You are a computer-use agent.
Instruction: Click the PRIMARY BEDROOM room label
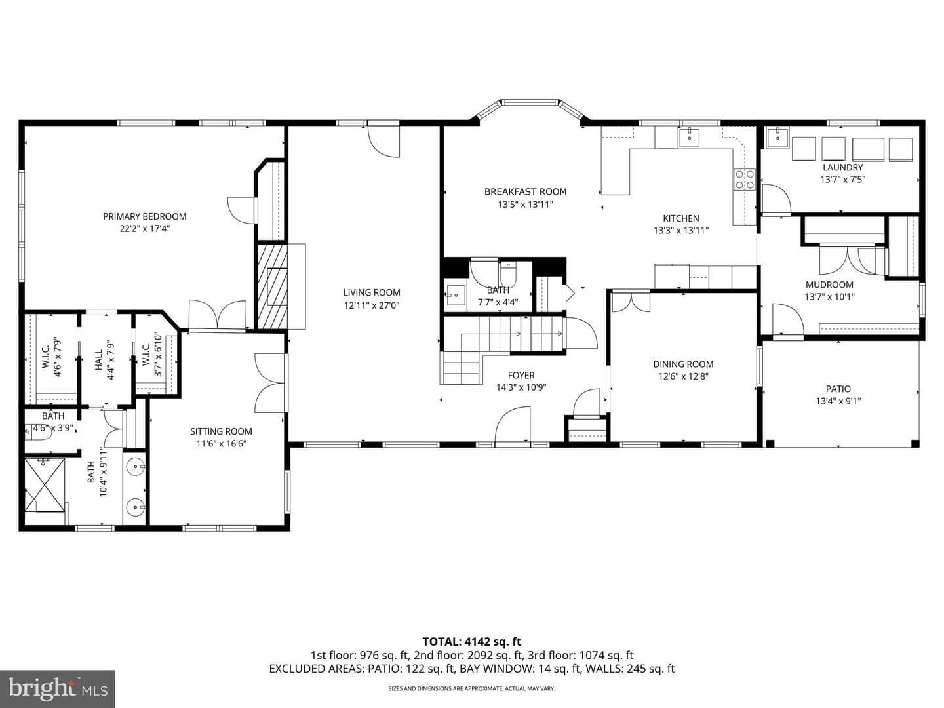pyautogui.click(x=144, y=216)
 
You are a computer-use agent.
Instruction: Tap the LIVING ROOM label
pyautogui.click(x=372, y=293)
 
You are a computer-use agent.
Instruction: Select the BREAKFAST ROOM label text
pyautogui.click(x=525, y=191)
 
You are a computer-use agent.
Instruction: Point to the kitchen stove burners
pyautogui.click(x=744, y=179)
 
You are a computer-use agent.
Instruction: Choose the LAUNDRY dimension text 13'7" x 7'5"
pyautogui.click(x=842, y=179)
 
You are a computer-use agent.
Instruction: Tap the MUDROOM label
pyautogui.click(x=829, y=285)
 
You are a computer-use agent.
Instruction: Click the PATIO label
pyautogui.click(x=838, y=389)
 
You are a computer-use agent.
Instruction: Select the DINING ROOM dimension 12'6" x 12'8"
pyautogui.click(x=683, y=376)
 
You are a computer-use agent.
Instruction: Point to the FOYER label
pyautogui.click(x=521, y=375)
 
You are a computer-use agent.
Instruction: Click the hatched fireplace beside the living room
pyautogui.click(x=272, y=286)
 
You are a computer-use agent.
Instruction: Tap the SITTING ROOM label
pyautogui.click(x=221, y=431)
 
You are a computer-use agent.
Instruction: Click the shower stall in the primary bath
pyautogui.click(x=45, y=485)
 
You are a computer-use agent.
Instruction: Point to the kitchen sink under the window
pyautogui.click(x=689, y=138)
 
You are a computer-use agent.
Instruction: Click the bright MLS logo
pyautogui.click(x=58, y=688)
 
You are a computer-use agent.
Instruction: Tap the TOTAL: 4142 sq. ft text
pyautogui.click(x=472, y=642)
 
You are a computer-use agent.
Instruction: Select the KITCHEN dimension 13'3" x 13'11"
pyautogui.click(x=681, y=230)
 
